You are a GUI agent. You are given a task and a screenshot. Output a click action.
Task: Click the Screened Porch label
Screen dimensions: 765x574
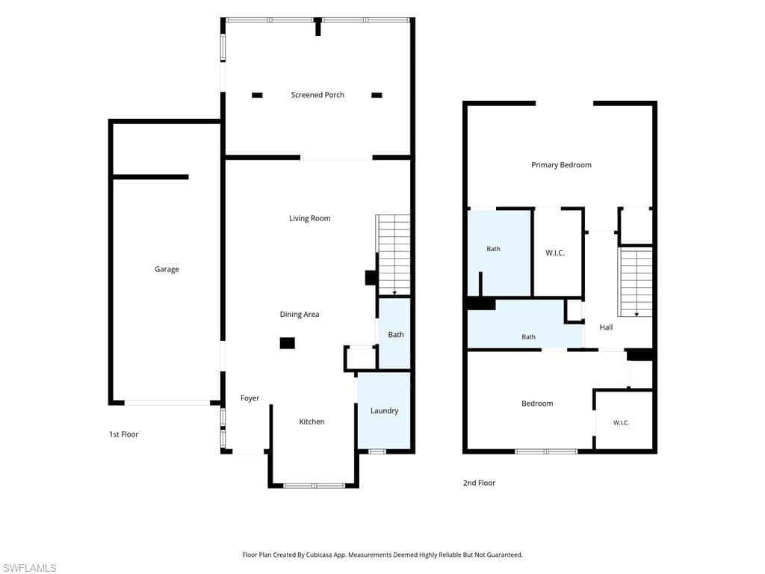pos(318,95)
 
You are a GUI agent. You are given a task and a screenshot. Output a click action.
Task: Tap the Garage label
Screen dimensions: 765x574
pos(167,269)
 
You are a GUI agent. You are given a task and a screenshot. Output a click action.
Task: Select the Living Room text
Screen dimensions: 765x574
pos(310,218)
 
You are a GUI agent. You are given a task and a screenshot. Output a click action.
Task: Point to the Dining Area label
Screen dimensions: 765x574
pos(300,315)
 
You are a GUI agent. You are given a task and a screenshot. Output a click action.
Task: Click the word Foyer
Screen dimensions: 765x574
pos(250,398)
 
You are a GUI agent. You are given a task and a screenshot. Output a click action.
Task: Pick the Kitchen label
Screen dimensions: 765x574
pos(312,422)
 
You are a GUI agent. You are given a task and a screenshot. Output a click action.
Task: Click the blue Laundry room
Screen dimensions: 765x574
pos(384,410)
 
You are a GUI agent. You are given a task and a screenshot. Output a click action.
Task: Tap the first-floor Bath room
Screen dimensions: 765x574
pos(394,333)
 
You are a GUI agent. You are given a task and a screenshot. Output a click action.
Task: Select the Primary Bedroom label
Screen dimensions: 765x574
pos(562,165)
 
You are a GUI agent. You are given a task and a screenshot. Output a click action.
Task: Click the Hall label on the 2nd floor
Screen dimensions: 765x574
pos(606,327)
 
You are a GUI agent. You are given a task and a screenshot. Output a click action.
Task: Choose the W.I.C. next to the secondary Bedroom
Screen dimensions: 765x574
pos(621,423)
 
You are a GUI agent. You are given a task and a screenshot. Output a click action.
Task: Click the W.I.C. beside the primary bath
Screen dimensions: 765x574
pos(555,253)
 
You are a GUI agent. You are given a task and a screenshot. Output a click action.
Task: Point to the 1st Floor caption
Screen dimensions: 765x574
pos(124,434)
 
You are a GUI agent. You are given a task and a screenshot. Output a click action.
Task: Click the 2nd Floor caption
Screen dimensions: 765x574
pos(479,483)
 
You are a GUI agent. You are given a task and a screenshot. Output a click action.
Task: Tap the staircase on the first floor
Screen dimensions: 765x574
pos(393,255)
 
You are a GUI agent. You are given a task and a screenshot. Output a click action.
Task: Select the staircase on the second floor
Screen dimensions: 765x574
pos(635,282)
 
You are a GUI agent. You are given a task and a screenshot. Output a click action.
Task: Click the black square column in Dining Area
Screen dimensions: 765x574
pos(288,343)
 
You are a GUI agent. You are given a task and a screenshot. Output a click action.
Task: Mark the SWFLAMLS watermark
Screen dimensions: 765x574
pos(29,568)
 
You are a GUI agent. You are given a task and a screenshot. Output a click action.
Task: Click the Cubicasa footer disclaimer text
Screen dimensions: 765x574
pos(382,555)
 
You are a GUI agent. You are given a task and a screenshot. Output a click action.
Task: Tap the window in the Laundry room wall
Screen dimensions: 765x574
pos(377,451)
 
